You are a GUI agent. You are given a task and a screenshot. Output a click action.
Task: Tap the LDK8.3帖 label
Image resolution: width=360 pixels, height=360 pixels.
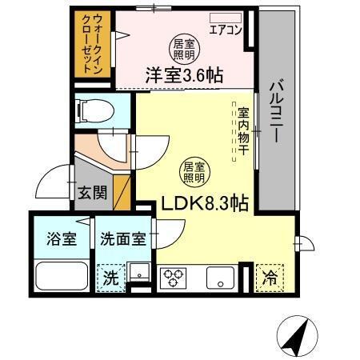[203, 203]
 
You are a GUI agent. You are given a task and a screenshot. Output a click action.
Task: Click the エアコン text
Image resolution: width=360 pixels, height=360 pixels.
[226, 31]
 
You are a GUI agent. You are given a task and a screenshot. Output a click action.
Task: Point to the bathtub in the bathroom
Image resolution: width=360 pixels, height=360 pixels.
[61, 277]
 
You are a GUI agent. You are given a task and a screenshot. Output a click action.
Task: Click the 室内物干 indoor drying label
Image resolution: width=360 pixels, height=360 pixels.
[242, 128]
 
